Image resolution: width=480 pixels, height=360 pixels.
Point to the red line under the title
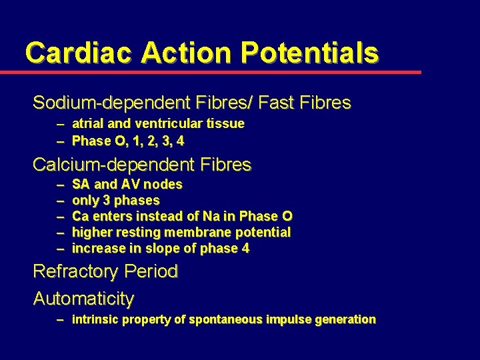(220, 72)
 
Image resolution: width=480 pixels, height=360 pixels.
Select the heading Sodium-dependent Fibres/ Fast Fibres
(191, 103)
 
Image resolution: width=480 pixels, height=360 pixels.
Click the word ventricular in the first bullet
(166, 123)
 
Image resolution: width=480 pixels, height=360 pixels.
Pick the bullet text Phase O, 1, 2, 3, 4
(128, 141)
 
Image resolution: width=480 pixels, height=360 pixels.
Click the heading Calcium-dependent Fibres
(142, 164)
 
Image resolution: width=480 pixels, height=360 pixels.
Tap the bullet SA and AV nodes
(127, 184)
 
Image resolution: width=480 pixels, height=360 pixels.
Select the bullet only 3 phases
(116, 200)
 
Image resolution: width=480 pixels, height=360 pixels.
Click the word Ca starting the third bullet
(80, 216)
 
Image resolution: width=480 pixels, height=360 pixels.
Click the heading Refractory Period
(105, 271)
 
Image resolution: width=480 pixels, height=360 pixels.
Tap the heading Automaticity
(83, 298)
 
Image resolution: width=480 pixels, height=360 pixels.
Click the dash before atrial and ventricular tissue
(61, 123)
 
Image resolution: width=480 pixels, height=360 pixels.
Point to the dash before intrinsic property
(61, 319)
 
